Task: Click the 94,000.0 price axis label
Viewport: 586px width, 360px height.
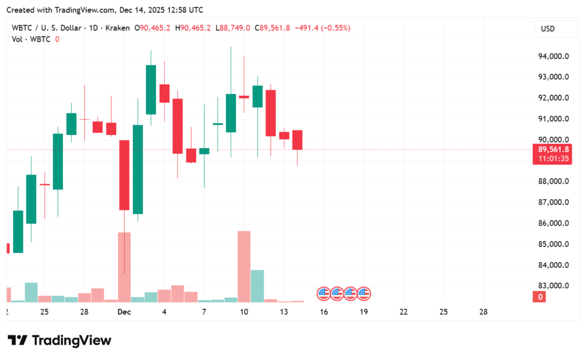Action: click(x=553, y=57)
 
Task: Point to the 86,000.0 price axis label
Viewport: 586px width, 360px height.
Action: click(x=553, y=224)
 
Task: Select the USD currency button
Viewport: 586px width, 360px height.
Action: click(x=548, y=29)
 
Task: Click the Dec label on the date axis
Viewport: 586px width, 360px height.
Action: click(x=124, y=312)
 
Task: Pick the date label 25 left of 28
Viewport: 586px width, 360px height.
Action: click(x=44, y=312)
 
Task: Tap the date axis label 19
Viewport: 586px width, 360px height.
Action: click(x=363, y=312)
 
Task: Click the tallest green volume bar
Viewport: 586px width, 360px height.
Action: click(x=257, y=286)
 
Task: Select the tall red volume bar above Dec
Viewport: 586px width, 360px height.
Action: click(x=124, y=267)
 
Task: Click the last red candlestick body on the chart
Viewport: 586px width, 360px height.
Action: click(x=297, y=140)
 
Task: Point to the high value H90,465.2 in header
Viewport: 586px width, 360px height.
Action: click(x=193, y=28)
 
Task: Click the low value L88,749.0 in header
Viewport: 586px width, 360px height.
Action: click(x=233, y=28)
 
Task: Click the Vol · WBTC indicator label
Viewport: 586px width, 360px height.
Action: click(x=32, y=39)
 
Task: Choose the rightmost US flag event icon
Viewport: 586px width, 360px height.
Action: click(x=364, y=294)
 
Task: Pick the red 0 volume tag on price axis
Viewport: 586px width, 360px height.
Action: click(x=539, y=296)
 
